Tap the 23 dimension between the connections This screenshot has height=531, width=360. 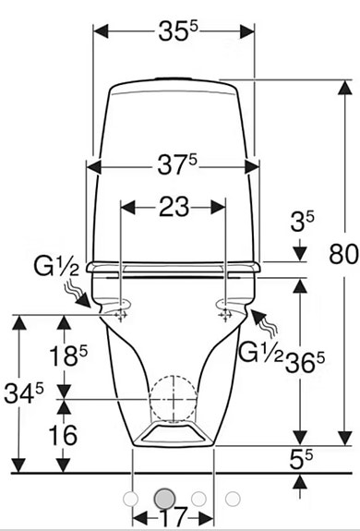click(173, 208)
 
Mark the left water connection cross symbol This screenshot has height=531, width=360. click(119, 314)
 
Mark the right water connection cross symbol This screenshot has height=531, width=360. click(224, 314)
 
